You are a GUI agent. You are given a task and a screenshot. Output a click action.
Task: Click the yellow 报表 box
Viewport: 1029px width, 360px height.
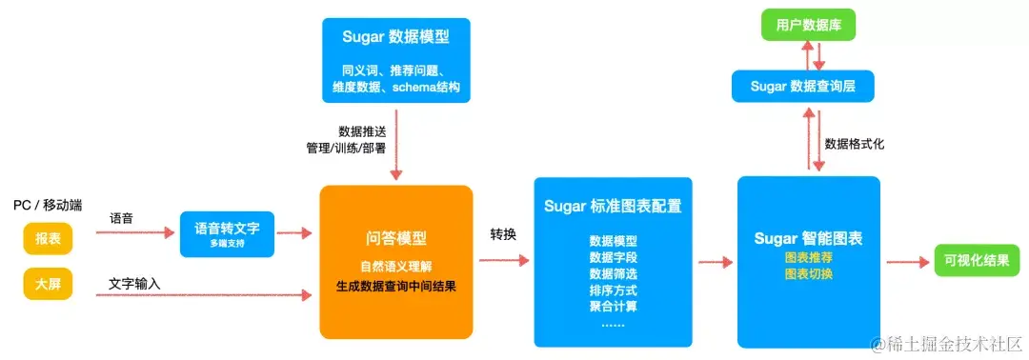pyautogui.click(x=48, y=238)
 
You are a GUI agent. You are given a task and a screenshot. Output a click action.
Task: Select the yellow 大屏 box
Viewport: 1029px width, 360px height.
pyautogui.click(x=48, y=283)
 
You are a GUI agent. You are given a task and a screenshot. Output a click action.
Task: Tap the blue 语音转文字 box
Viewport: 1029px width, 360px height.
pyautogui.click(x=228, y=234)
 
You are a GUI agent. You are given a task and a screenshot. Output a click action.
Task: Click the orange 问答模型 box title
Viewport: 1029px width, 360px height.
pyautogui.click(x=395, y=239)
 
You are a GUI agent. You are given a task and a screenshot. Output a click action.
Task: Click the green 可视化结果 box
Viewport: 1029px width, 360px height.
pyautogui.click(x=977, y=260)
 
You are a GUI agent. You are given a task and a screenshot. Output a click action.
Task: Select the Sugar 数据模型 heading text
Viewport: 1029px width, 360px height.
pyautogui.click(x=395, y=39)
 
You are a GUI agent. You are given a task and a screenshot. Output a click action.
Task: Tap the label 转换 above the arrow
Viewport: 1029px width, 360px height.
pyautogui.click(x=503, y=233)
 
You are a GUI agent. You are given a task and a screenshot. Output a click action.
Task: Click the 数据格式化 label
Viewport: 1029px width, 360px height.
pyautogui.click(x=855, y=144)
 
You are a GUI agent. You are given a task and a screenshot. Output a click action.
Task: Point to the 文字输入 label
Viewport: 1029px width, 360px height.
pyautogui.click(x=134, y=284)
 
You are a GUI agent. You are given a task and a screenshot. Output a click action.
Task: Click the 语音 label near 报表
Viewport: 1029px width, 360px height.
pyautogui.click(x=121, y=219)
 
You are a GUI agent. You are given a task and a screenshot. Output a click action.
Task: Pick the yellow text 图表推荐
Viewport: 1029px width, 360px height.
pyautogui.click(x=808, y=258)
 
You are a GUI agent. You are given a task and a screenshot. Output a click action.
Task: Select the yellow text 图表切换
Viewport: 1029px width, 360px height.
pyautogui.click(x=808, y=275)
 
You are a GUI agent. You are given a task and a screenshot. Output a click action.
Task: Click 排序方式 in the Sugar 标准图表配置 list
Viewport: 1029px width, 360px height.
pyautogui.click(x=613, y=290)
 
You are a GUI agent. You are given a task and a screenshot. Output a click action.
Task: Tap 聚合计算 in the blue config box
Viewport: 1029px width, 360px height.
pyautogui.click(x=613, y=306)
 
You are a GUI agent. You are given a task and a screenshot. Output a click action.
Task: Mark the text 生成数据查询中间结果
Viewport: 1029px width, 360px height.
pyautogui.click(x=395, y=285)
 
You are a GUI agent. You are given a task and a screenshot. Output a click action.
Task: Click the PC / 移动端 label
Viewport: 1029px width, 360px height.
pyautogui.click(x=48, y=206)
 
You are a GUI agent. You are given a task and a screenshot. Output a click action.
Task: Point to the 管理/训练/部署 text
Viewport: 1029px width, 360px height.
pyautogui.click(x=345, y=148)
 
